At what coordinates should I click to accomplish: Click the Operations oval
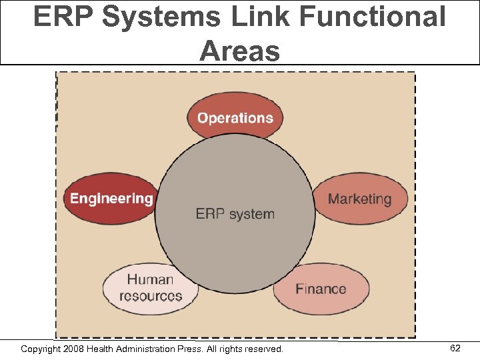235,117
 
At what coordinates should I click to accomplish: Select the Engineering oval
111,198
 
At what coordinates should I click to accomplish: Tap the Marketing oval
360,199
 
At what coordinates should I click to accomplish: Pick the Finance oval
321,289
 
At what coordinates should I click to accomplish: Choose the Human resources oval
151,288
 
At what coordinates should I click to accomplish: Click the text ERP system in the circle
235,214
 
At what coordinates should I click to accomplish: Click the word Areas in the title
240,50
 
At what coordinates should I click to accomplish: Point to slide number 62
455,348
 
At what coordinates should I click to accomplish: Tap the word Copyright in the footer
42,349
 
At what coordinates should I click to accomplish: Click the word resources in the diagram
151,296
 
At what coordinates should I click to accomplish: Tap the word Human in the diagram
151,280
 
